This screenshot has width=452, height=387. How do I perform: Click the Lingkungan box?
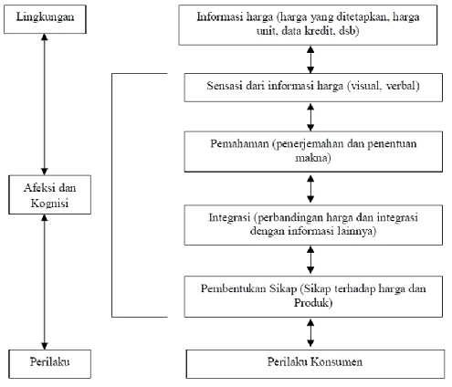coord(45,19)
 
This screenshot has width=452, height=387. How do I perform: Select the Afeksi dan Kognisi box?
coord(49,194)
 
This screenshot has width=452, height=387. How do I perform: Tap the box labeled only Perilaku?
coord(49,364)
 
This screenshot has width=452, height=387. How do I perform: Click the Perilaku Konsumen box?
coord(315,364)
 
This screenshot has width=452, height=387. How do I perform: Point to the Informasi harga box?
coord(308,25)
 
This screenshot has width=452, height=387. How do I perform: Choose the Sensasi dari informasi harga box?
coord(313,88)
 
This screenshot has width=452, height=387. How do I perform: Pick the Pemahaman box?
coord(313,152)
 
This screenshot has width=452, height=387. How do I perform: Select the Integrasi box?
coord(313,225)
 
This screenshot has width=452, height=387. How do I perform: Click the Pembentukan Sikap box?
coord(313,297)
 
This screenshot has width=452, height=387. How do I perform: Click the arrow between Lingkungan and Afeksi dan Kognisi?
coord(45,104)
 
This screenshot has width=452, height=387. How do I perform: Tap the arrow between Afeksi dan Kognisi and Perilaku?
coord(45,282)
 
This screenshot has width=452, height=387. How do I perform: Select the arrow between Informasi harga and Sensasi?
coord(310,59)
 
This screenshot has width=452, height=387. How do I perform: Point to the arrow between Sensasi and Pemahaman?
coord(310,117)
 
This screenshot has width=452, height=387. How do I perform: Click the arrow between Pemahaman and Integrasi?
coord(310,189)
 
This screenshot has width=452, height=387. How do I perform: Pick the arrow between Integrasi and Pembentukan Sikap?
coord(310,260)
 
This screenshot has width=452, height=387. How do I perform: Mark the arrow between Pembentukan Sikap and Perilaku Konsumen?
coord(310,333)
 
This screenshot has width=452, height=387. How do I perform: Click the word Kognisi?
coord(49,204)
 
